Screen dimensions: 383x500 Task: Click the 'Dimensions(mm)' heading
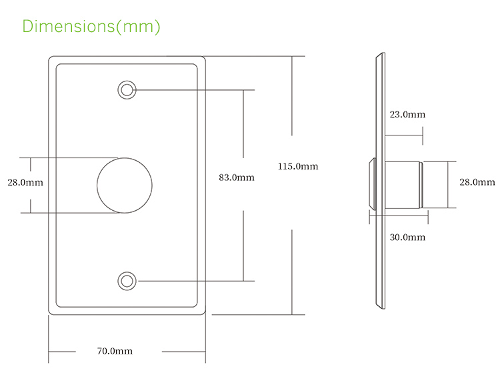pyautogui.click(x=91, y=26)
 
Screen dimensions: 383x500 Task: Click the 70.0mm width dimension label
pyautogui.click(x=115, y=351)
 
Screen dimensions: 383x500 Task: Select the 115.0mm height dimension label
pyautogui.click(x=298, y=166)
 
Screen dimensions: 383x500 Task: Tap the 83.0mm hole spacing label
pyautogui.click(x=237, y=177)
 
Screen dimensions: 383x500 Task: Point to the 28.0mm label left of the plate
pyautogui.click(x=25, y=182)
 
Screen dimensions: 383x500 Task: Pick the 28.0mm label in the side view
pyautogui.click(x=477, y=181)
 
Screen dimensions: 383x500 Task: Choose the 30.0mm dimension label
pyautogui.click(x=407, y=237)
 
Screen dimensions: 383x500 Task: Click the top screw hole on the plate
pyautogui.click(x=126, y=90)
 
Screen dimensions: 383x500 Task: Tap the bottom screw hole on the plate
pyautogui.click(x=126, y=281)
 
